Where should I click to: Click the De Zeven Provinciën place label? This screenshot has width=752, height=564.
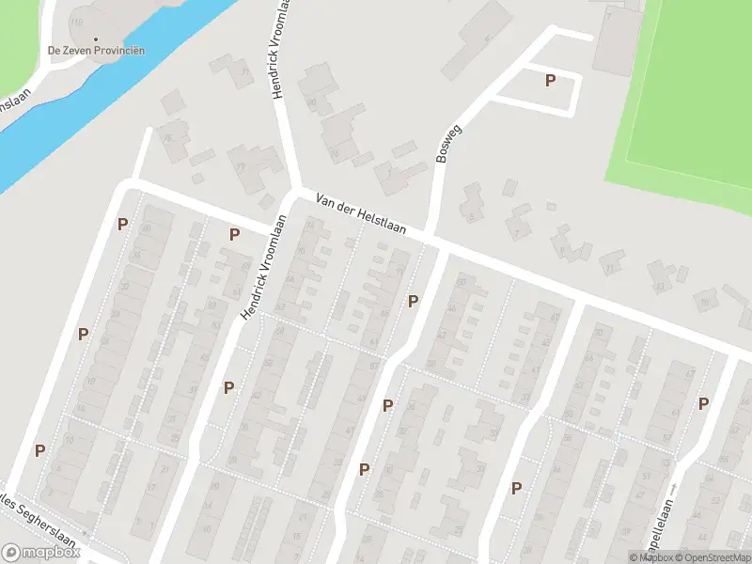point(96,51)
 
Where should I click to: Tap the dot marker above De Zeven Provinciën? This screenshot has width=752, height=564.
point(96,39)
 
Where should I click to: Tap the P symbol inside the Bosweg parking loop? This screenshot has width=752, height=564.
point(550,81)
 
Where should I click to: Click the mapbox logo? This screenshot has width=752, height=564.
point(41,553)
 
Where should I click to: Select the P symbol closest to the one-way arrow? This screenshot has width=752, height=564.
point(703,403)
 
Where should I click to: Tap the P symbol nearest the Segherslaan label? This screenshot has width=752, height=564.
point(39,450)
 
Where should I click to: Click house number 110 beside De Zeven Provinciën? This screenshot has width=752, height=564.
point(76,21)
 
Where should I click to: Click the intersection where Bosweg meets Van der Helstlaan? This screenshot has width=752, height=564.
point(431,235)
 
